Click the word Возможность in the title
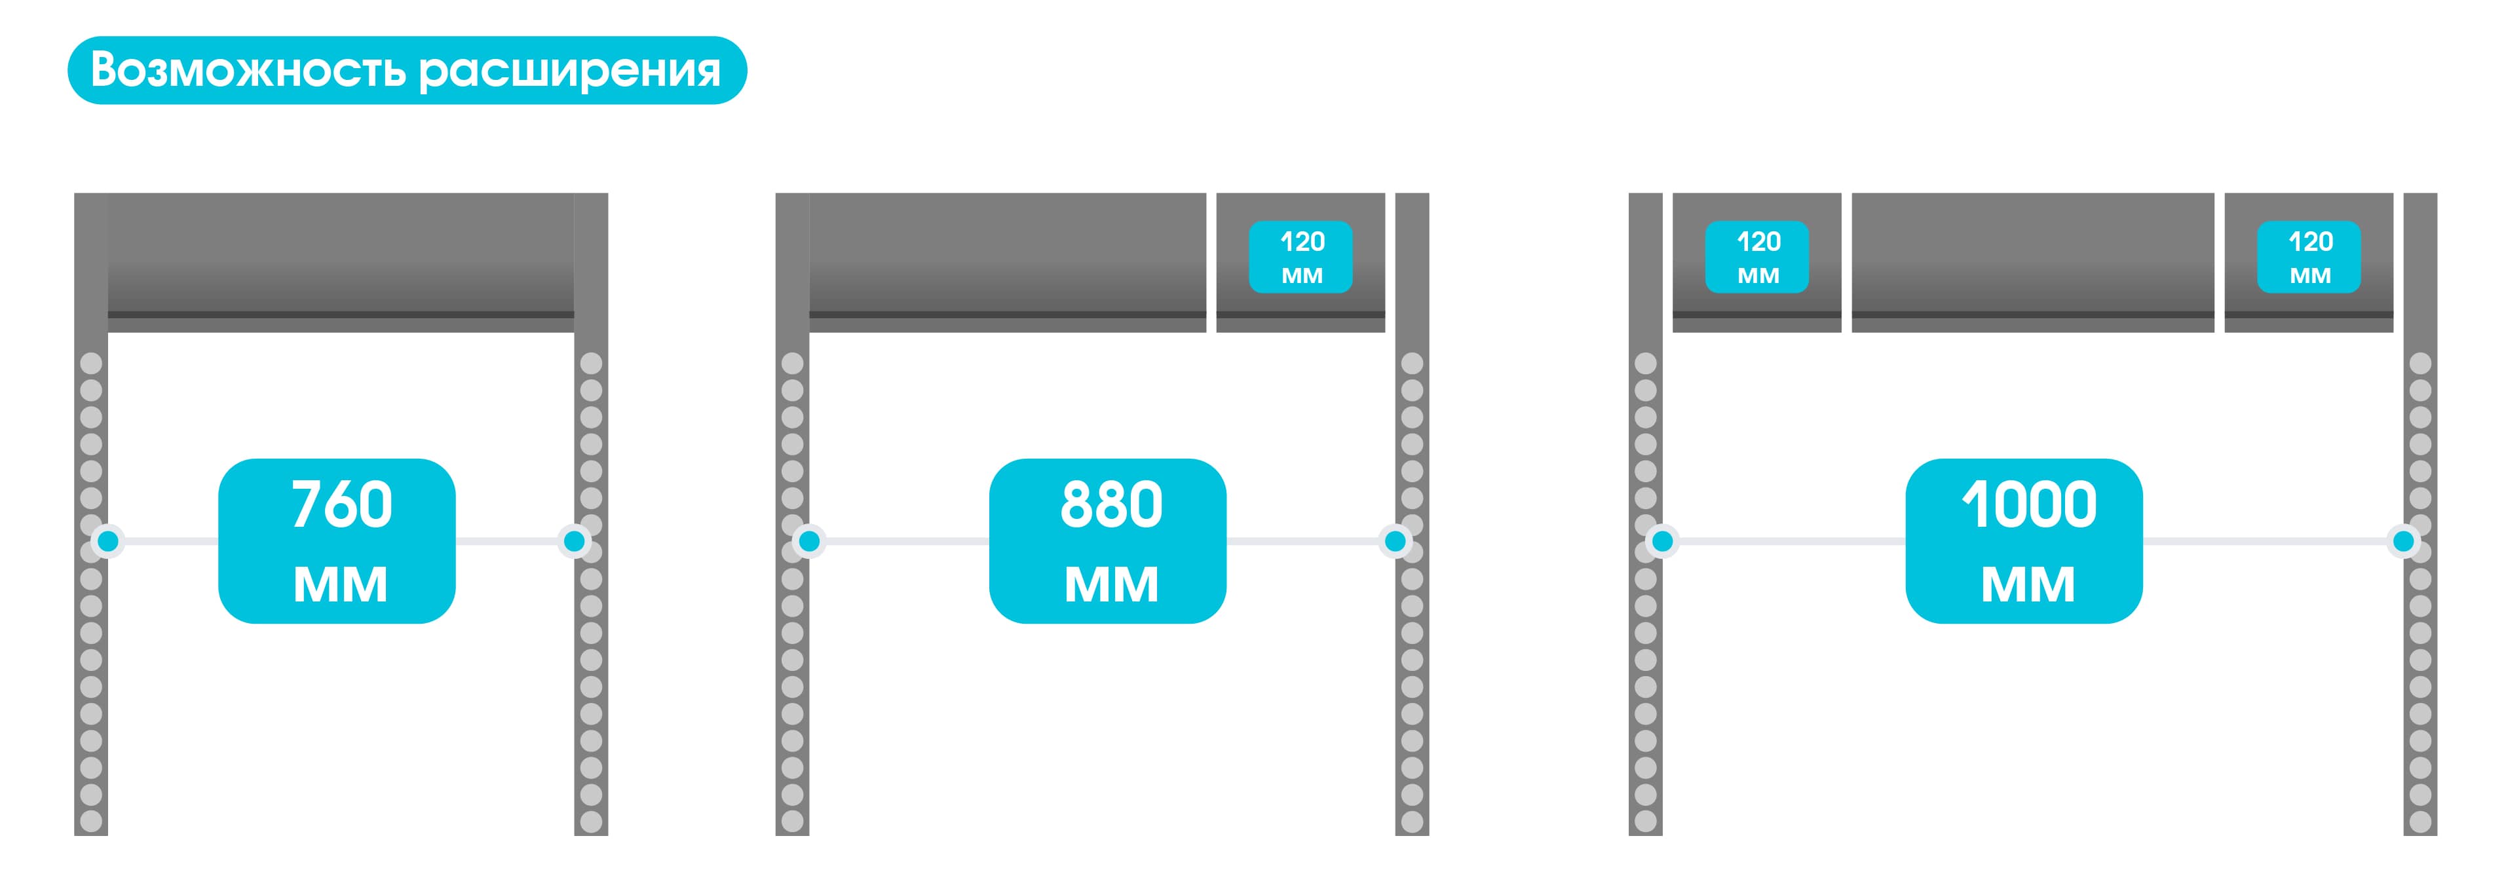click(247, 70)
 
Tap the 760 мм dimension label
click(337, 541)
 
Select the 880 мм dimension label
click(1107, 541)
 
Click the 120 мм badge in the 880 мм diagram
click(1300, 257)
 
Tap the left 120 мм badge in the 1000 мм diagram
click(1756, 257)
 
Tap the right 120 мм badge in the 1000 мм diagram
click(2309, 257)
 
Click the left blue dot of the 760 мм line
click(108, 541)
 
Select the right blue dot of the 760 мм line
click(575, 541)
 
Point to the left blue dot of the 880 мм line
click(808, 541)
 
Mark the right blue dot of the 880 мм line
click(1395, 541)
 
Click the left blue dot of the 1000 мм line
click(1662, 541)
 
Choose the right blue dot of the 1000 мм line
click(2403, 541)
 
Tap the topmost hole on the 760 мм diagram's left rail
click(91, 364)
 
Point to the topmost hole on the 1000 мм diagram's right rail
click(2420, 364)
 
